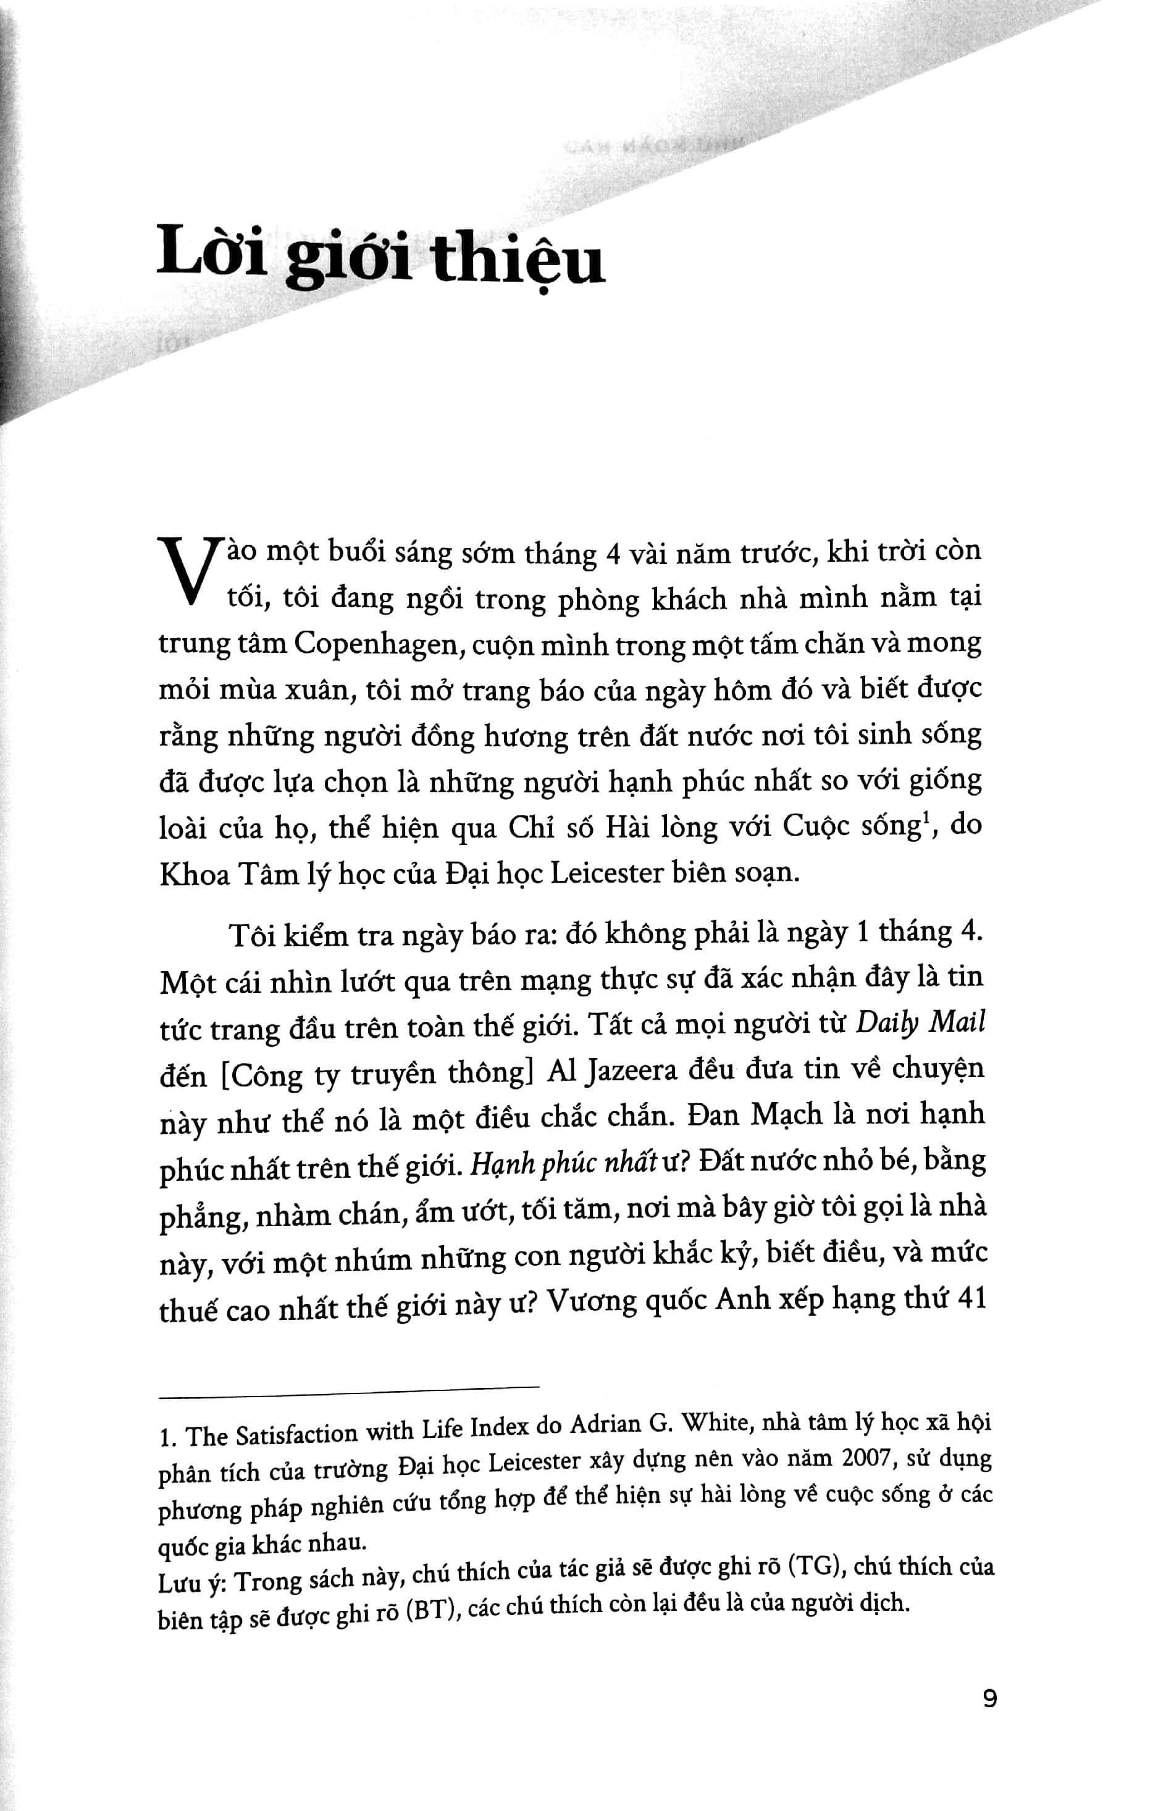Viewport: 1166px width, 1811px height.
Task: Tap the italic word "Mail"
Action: coord(957,1023)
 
